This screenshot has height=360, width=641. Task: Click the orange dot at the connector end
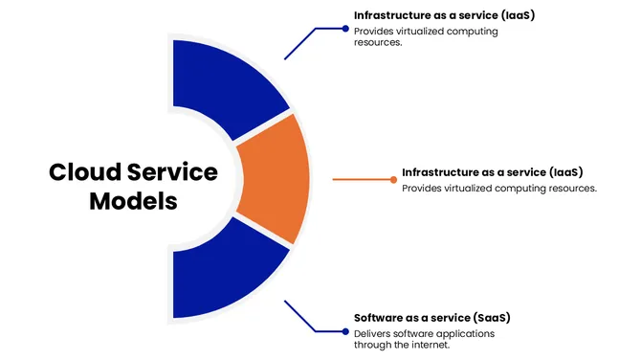pyautogui.click(x=394, y=179)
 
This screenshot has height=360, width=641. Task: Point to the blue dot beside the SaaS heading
pyautogui.click(x=345, y=331)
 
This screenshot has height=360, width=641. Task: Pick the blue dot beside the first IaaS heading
pyautogui.click(x=345, y=29)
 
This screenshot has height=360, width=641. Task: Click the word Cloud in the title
pyautogui.click(x=84, y=173)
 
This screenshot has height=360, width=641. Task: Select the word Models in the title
pyautogui.click(x=133, y=203)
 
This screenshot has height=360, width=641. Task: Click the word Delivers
pyautogui.click(x=373, y=333)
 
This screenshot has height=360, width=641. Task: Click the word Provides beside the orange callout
pyautogui.click(x=424, y=188)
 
